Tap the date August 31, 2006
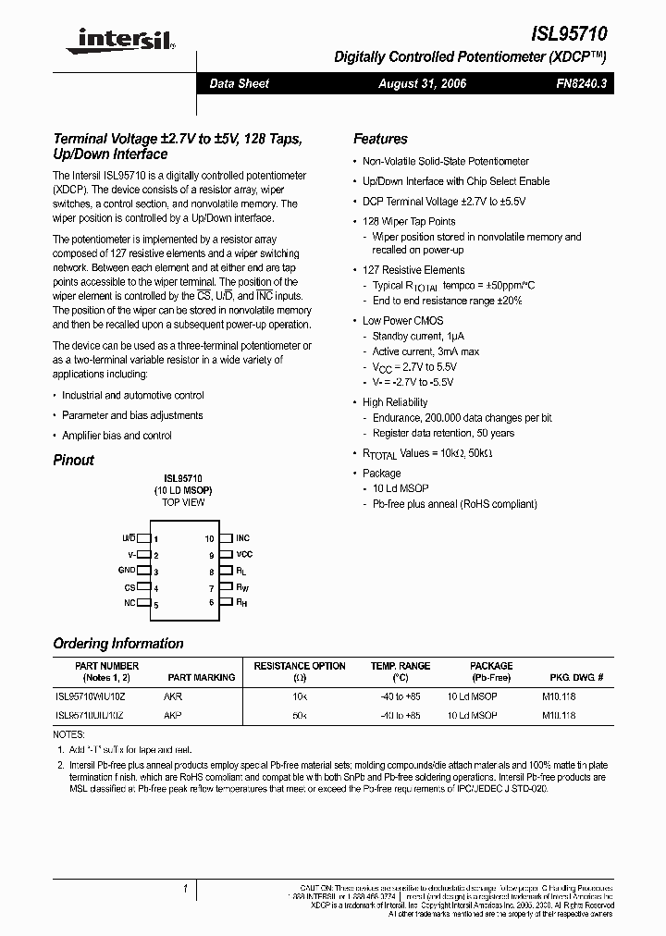tap(423, 83)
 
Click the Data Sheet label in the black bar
tap(239, 83)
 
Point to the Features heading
tap(380, 139)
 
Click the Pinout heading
tap(73, 460)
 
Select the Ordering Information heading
tap(118, 644)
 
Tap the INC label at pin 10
tap(242, 537)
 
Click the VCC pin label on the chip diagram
tap(244, 554)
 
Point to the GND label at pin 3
tap(127, 571)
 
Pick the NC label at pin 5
tap(129, 604)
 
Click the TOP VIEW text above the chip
tap(183, 502)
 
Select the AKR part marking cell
tap(173, 696)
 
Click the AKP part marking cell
tap(173, 715)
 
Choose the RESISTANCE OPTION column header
tap(300, 666)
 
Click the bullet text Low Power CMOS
tap(402, 320)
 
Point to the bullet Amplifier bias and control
tap(117, 436)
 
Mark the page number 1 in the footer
tap(185, 890)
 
